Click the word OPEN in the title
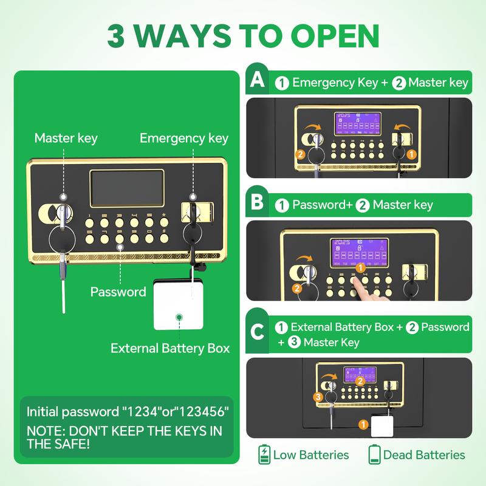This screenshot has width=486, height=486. click(x=335, y=36)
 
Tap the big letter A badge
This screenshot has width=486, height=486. click(x=257, y=80)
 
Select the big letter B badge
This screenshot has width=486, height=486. click(x=257, y=202)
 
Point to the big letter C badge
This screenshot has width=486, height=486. click(x=257, y=332)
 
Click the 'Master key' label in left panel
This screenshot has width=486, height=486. click(x=66, y=139)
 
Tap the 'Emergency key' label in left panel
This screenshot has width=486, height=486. click(x=184, y=139)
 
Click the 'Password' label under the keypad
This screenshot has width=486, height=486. click(x=118, y=292)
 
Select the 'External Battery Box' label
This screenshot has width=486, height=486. click(x=170, y=348)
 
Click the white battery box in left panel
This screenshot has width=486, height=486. click(x=178, y=305)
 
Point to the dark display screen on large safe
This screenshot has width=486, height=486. click(x=127, y=188)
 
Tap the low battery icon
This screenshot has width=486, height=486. click(x=264, y=454)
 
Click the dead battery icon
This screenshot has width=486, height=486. click(x=374, y=454)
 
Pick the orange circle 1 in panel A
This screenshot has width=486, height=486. click(x=411, y=154)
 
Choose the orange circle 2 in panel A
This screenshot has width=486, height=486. click(x=300, y=154)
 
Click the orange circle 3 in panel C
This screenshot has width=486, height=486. click(x=318, y=397)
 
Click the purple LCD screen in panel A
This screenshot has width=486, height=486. click(x=358, y=124)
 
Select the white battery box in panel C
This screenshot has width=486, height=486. click(x=382, y=426)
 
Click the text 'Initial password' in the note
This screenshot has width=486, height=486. click(x=73, y=412)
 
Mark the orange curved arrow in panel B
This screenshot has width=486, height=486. click(x=304, y=259)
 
